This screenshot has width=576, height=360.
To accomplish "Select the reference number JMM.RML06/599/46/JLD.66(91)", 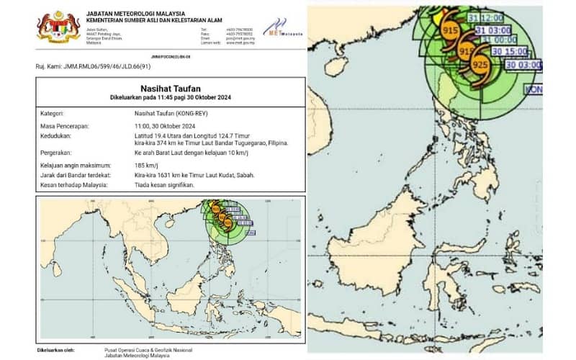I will click(94, 66).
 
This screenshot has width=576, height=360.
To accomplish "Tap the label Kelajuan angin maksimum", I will click(76, 164).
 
